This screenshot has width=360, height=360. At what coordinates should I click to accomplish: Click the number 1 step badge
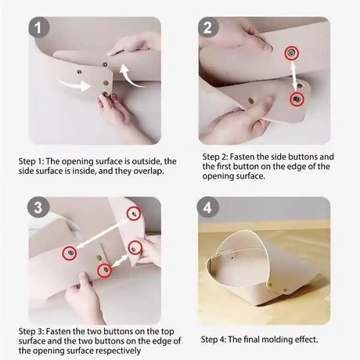coord(38,27)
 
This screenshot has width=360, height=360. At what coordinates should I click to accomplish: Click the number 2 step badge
coord(208,27)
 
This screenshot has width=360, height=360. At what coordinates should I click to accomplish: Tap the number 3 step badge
coord(38,207)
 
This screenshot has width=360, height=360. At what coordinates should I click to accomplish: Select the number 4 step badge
coord(207,207)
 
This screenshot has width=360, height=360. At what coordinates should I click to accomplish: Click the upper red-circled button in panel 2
coord(291,53)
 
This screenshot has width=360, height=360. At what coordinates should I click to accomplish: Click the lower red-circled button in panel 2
coord(297,99)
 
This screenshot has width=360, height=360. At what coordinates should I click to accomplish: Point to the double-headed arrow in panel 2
coord(294,76)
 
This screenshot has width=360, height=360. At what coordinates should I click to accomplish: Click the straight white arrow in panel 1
coord(74,85)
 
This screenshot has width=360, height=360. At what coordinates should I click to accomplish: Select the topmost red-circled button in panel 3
coord(134,214)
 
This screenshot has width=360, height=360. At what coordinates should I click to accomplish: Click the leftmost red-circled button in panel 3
coord(70,253)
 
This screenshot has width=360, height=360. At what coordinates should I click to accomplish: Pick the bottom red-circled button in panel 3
coord(104,270)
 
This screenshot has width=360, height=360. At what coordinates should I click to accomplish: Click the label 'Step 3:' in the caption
coord(31,332)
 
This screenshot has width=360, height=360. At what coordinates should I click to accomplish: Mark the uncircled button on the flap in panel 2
coord(251,100)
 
